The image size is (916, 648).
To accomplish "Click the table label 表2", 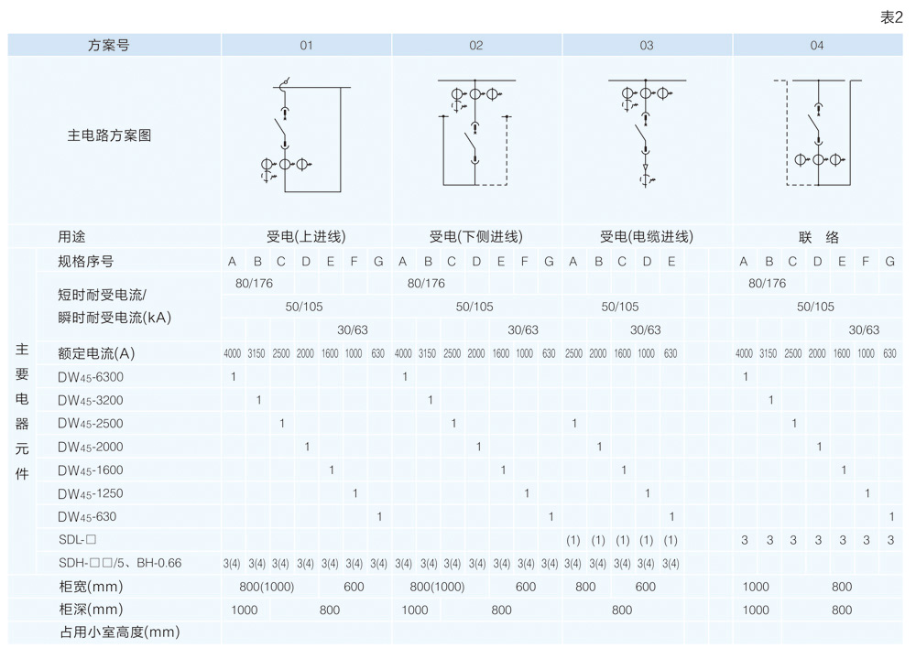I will click(x=891, y=17).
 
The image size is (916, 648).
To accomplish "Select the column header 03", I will click(x=647, y=45).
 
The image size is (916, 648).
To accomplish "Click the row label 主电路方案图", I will click(x=109, y=135).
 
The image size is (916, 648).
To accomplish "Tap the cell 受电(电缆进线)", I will click(x=647, y=237).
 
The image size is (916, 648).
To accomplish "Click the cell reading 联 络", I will click(x=818, y=237).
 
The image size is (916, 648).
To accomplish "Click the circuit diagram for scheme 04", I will click(x=817, y=135).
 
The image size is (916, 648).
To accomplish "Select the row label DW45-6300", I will click(x=90, y=377).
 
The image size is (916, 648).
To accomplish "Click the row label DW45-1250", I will click(x=90, y=493).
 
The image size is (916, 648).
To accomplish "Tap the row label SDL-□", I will click(x=77, y=540).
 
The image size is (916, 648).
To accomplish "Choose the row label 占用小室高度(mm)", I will click(x=118, y=632).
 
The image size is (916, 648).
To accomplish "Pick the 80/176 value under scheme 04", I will click(x=767, y=284).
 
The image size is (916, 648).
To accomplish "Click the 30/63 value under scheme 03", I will click(x=646, y=330).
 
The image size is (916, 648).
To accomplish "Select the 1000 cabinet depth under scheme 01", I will click(x=244, y=610).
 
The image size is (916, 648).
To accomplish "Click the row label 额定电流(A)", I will click(x=96, y=353).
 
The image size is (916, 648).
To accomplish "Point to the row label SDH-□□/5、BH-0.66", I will click(x=119, y=563).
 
